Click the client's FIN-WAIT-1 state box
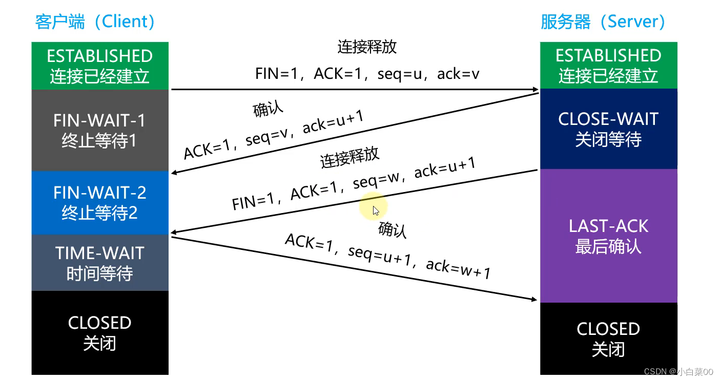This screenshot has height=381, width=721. [x=100, y=130]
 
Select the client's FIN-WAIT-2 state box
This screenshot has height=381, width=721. [x=100, y=202]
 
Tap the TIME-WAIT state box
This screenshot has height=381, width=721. [x=100, y=263]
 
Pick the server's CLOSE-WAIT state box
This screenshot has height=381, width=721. [x=609, y=129]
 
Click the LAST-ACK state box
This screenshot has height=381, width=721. [x=609, y=236]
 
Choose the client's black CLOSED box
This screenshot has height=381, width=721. [x=100, y=333]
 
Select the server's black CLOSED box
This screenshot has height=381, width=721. [x=609, y=339]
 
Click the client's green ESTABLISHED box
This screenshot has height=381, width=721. [x=100, y=66]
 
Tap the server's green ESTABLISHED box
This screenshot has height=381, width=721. [x=609, y=66]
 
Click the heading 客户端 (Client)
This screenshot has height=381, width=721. [x=95, y=22]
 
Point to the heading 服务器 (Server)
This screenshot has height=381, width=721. [x=603, y=22]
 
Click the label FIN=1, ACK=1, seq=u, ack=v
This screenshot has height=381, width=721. [x=367, y=74]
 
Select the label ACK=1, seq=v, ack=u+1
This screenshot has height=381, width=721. [x=274, y=135]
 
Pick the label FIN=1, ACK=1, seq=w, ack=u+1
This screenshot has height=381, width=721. [x=354, y=183]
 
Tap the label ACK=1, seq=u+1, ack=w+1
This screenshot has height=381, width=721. [x=388, y=256]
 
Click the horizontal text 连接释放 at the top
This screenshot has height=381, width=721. [x=367, y=47]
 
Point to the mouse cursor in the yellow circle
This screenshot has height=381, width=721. [x=376, y=211]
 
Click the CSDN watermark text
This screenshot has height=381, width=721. [x=678, y=372]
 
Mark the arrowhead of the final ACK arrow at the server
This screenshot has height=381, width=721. [x=534, y=299]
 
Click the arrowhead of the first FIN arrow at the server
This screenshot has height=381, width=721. [x=535, y=89]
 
